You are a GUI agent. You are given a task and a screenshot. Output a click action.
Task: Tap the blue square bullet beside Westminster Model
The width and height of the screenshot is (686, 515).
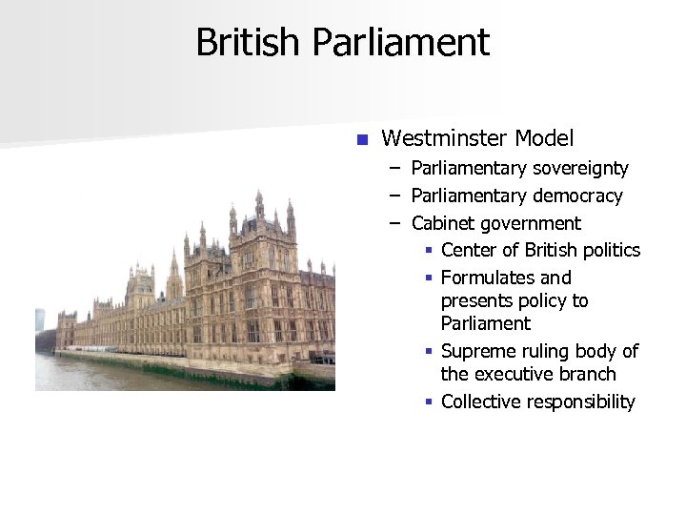pyautogui.click(x=361, y=140)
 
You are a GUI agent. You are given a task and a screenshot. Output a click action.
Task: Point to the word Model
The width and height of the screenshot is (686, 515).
pyautogui.click(x=544, y=139)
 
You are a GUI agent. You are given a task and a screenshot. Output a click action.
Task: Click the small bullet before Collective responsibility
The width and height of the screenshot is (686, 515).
pyautogui.click(x=430, y=402)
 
